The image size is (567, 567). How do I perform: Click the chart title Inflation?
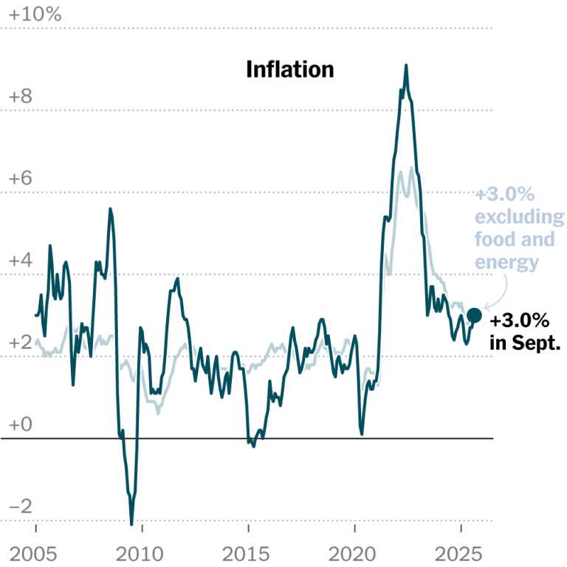pos(289,69)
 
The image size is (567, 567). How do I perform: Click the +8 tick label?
pos(20,96)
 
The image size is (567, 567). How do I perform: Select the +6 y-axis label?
pos(20,179)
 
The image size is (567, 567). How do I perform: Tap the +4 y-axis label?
pos(20,261)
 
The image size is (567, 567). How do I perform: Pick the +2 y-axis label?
pos(20,343)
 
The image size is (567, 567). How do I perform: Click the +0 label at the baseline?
pos(20,425)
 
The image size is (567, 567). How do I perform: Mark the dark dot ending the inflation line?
pos(474,315)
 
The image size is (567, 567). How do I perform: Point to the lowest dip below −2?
pos(131,523)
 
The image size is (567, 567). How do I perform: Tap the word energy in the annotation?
pos(506,262)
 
